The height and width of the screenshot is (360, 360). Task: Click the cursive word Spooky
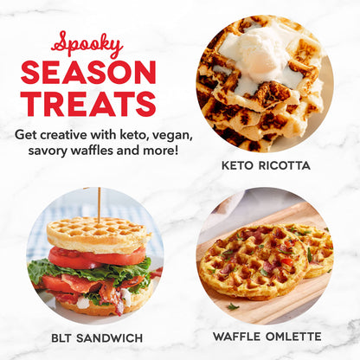tap(87, 45)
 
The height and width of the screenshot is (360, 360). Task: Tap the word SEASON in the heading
tap(88, 73)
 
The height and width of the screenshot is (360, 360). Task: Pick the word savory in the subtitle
tap(47, 152)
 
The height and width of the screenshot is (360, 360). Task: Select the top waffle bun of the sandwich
tap(97, 234)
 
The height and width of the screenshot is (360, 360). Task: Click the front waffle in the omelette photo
tap(249, 262)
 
